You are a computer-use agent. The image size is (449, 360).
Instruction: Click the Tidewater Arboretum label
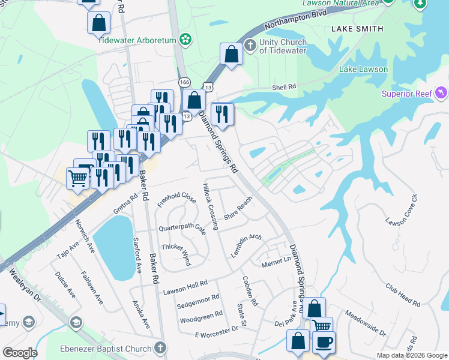137,40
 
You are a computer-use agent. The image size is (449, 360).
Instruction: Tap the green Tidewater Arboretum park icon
185,40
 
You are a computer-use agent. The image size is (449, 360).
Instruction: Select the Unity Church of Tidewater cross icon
250,46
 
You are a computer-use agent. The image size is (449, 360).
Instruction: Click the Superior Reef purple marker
442,92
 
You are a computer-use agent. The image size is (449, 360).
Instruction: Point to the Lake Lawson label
363,70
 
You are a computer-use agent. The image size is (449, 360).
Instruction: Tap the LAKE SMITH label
357,29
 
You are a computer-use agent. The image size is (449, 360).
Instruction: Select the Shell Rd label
285,88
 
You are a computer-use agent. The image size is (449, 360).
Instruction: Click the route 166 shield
184,82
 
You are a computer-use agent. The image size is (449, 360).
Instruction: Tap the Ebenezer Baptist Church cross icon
160,348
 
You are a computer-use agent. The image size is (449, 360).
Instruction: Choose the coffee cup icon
324,343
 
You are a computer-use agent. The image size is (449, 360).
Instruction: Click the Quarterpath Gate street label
182,229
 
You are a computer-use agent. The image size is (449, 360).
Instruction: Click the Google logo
20,353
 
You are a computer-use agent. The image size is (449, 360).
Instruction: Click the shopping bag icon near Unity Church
232,55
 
